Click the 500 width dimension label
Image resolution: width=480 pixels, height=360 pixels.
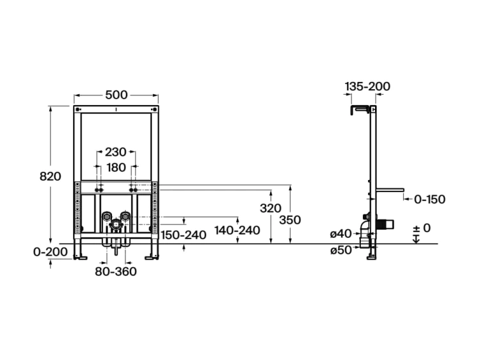tap(116, 95)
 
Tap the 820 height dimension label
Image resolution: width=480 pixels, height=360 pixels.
tap(51, 176)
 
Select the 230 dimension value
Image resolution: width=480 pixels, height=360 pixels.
tap(115, 152)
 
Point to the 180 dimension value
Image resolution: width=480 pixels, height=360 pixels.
tap(116, 168)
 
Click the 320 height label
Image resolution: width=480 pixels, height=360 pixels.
tap(271, 208)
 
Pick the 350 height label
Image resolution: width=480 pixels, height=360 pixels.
tap(290, 220)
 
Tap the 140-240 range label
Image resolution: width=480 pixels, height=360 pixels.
tap(237, 231)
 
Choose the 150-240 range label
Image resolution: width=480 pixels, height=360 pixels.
tap(184, 235)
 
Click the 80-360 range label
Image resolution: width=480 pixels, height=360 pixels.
tap(116, 272)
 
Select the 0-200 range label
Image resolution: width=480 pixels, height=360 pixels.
tap(51, 252)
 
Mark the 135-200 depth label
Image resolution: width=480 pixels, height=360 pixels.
tap(367, 86)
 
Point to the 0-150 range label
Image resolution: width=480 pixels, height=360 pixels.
tap(430, 199)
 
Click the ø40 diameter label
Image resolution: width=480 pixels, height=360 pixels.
tap(340, 234)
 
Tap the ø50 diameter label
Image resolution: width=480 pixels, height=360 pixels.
tap(341, 250)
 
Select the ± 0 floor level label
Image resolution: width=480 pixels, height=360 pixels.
tap(422, 228)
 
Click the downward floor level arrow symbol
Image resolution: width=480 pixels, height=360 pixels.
tap(416, 239)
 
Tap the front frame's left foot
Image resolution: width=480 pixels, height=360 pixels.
tap(80, 258)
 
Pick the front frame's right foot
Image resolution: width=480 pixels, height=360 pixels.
tap(152, 258)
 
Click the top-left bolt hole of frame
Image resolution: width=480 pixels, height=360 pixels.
tap(77, 109)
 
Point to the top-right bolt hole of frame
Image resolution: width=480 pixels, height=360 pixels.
tap(155, 109)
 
